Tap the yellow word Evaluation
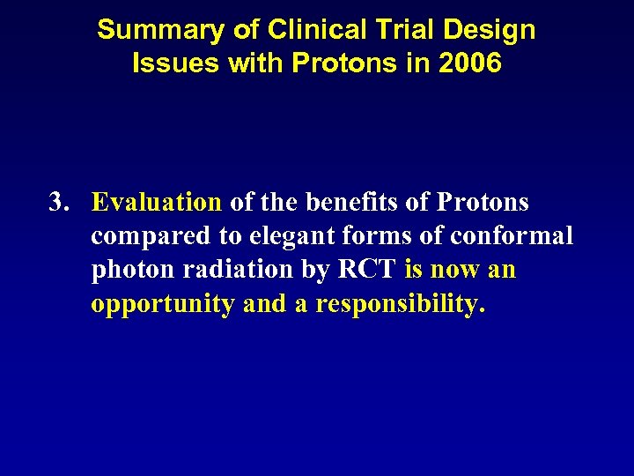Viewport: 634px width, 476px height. coord(157,203)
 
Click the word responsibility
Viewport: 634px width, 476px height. coord(400,304)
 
